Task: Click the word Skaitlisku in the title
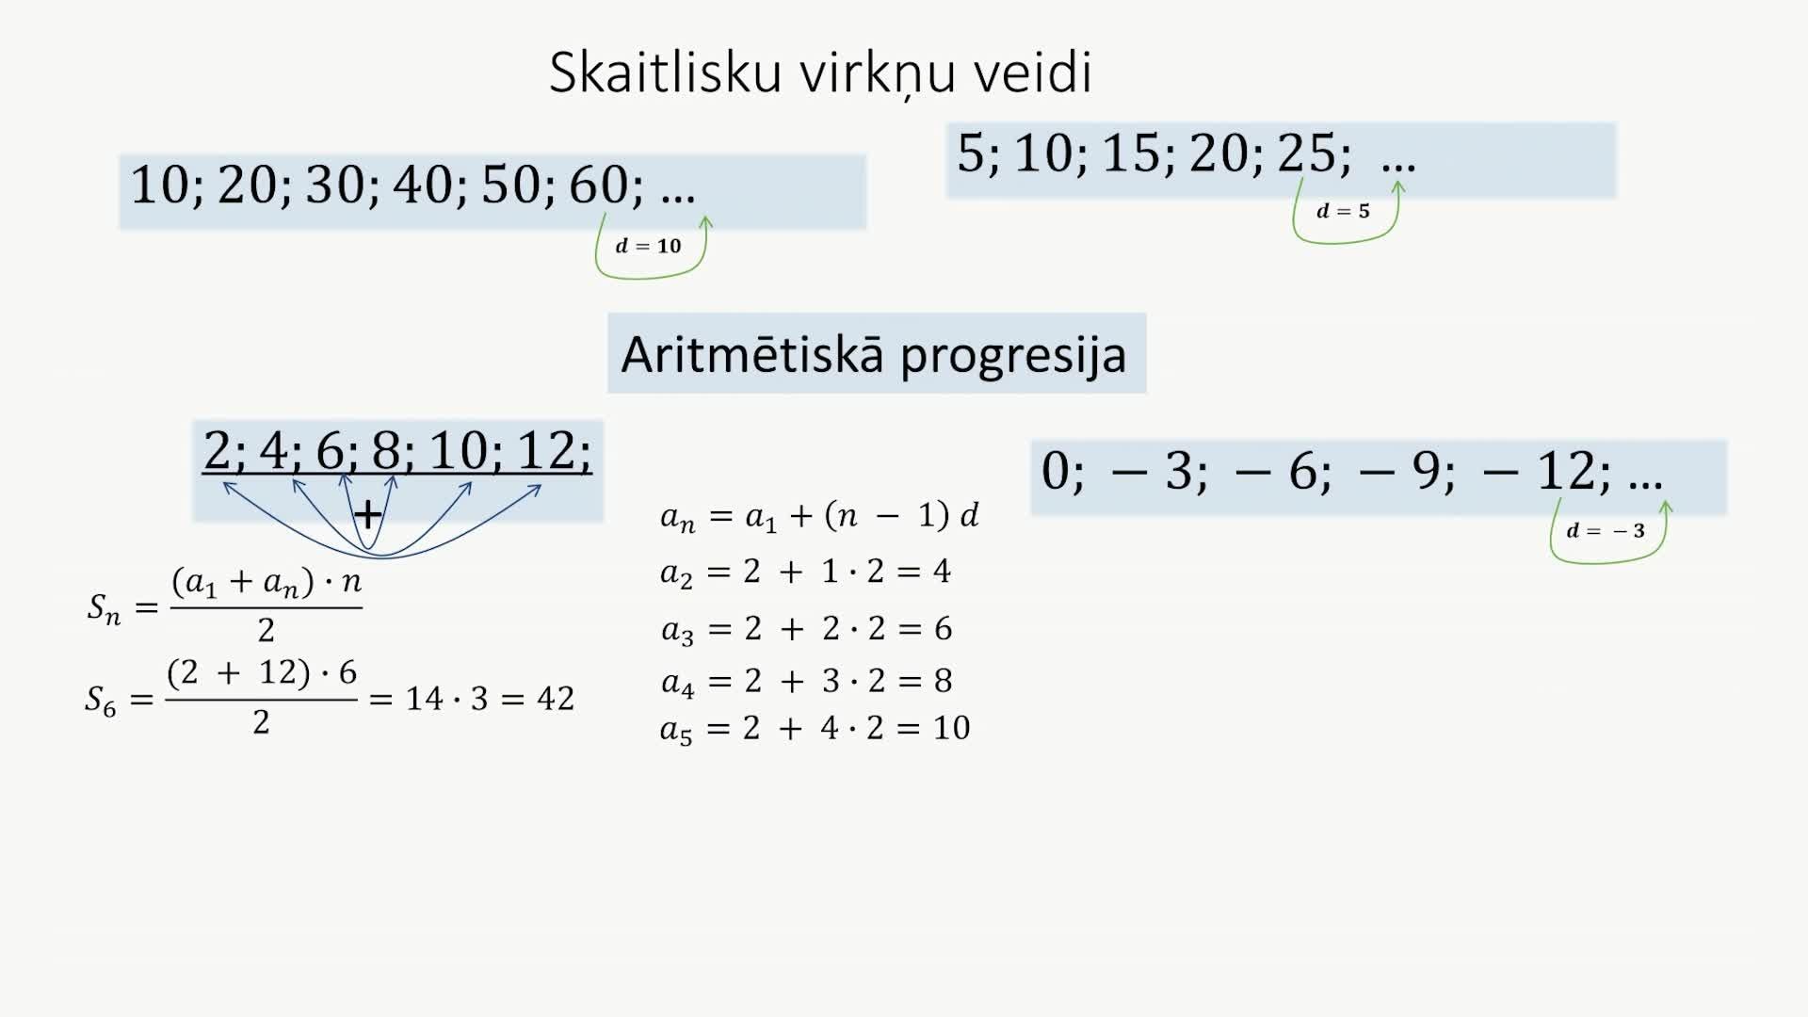point(665,73)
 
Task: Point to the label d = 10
point(648,247)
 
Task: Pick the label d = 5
point(1343,211)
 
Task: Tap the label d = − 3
point(1606,531)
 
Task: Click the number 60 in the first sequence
point(599,185)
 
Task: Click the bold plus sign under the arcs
point(367,514)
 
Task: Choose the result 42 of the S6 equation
point(555,699)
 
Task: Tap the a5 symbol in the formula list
point(676,730)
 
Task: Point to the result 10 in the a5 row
point(951,728)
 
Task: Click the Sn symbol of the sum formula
point(104,608)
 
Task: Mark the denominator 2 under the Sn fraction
point(266,630)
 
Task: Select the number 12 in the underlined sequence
point(546,450)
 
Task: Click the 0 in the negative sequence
point(1056,471)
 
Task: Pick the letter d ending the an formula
point(969,515)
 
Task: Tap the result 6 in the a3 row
point(943,628)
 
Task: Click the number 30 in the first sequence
point(335,185)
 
